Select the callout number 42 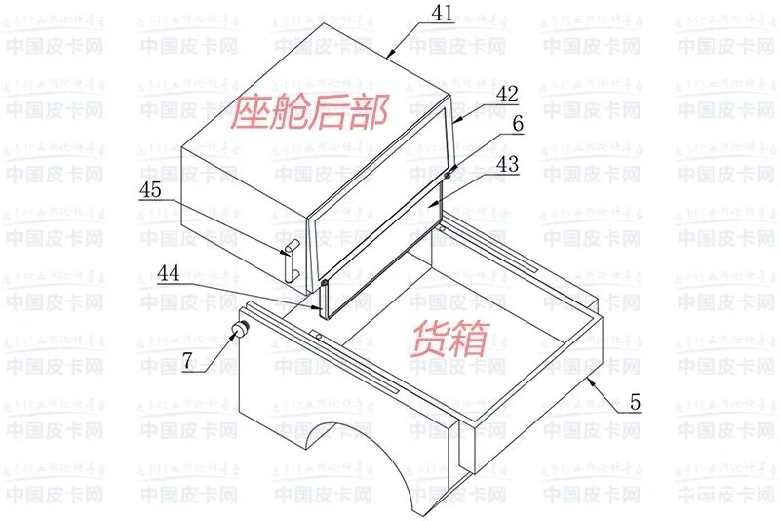click(x=505, y=95)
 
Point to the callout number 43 click(x=505, y=165)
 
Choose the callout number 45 click(x=150, y=190)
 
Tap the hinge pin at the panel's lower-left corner click(x=323, y=283)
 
